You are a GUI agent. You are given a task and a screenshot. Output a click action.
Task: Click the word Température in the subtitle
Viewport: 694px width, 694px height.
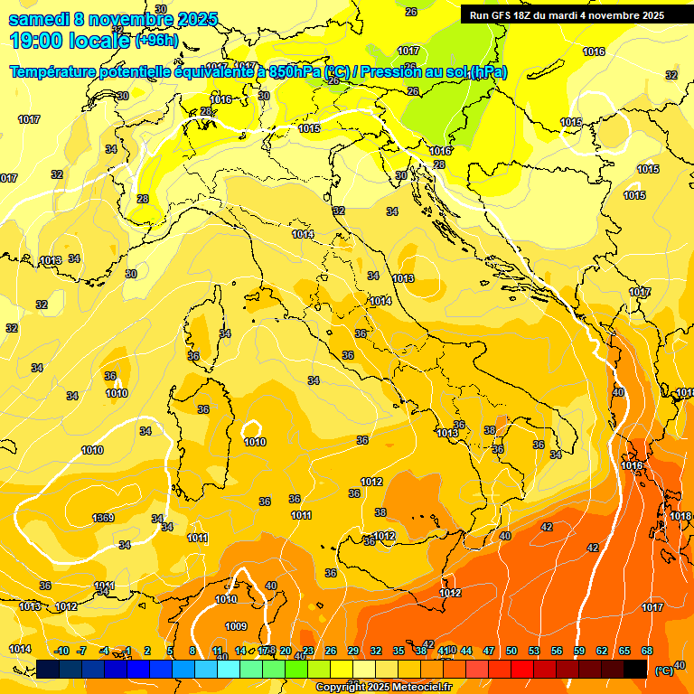(53, 72)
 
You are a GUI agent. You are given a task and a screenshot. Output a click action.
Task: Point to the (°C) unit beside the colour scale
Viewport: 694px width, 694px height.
(663, 670)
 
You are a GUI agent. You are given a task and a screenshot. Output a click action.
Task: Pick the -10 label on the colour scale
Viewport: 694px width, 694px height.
(61, 651)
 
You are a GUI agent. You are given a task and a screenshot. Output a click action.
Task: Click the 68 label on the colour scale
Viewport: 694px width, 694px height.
(647, 651)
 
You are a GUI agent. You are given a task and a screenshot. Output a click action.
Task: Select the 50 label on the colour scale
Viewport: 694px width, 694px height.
(511, 651)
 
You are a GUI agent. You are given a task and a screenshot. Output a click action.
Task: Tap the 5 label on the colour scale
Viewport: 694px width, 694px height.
(170, 651)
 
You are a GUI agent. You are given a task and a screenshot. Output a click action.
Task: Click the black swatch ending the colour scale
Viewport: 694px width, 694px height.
(635, 669)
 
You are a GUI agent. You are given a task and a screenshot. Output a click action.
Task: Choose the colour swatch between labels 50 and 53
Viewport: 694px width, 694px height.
(522, 669)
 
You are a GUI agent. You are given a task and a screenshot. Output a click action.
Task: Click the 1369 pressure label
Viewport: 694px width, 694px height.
(103, 518)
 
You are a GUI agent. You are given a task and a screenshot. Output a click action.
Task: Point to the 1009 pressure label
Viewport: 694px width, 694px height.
(236, 626)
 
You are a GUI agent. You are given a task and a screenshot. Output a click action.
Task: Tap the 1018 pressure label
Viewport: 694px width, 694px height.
(680, 516)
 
